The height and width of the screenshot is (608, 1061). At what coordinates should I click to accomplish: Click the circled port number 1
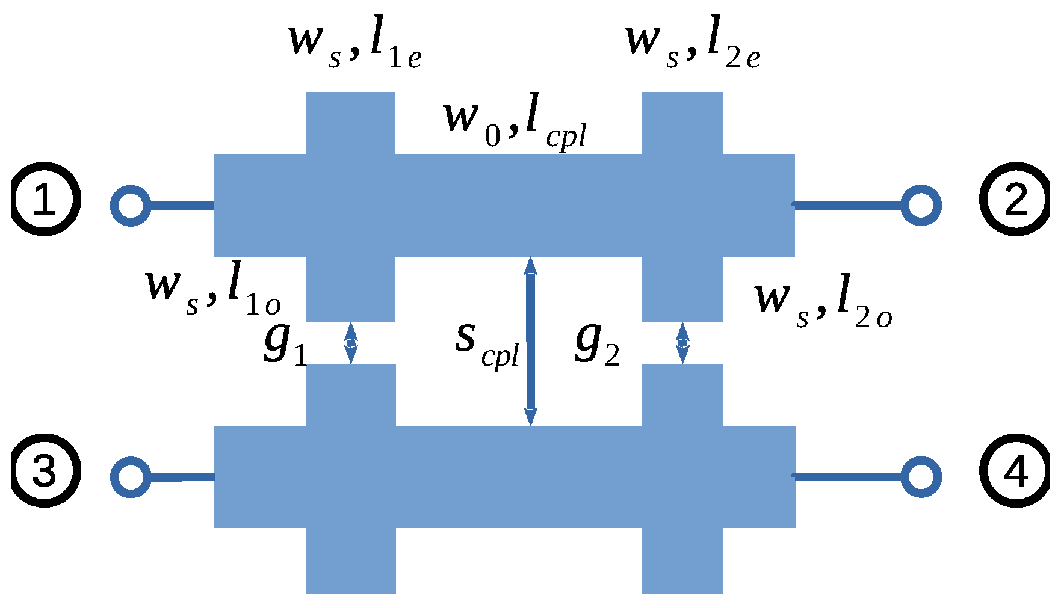point(45,199)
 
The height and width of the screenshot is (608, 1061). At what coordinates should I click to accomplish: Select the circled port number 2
point(1016,199)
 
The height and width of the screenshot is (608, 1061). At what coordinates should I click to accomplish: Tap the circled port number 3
point(45,470)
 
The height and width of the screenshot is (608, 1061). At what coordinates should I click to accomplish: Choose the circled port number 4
point(1016,470)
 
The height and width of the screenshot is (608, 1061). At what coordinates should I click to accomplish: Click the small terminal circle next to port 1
point(131,206)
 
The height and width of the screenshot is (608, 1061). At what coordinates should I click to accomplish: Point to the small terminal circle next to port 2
point(921,206)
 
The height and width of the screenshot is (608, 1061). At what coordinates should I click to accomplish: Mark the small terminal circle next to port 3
point(131,477)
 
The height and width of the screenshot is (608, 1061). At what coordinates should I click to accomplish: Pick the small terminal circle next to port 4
point(921,477)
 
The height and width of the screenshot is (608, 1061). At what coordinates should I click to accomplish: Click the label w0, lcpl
point(515,123)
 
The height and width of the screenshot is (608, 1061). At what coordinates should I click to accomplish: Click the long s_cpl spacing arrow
point(530,341)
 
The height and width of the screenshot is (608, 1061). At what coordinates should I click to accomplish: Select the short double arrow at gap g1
point(351,343)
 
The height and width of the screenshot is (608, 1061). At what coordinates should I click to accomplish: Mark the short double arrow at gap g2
point(682,343)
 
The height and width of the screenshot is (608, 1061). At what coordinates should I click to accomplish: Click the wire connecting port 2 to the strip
point(849,206)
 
